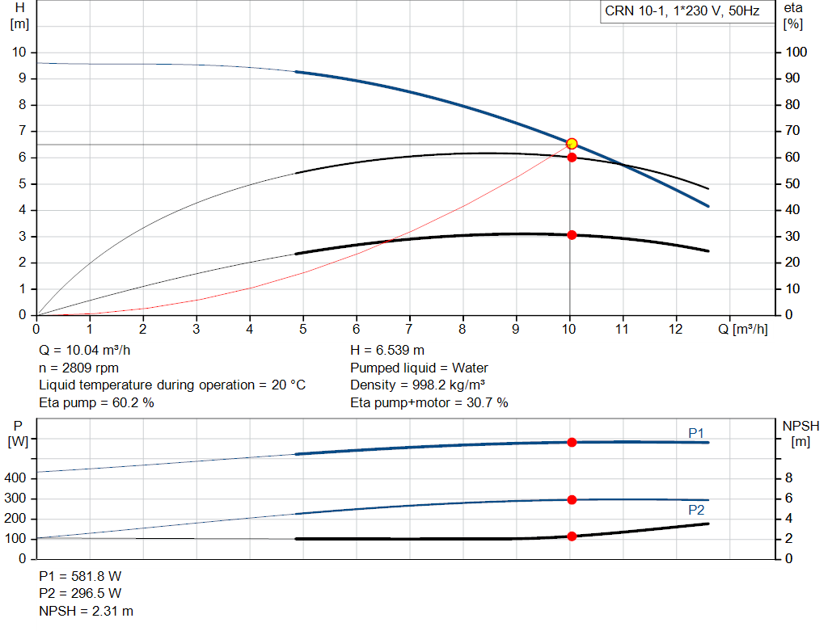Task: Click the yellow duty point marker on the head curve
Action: click(572, 144)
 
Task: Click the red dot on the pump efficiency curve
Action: click(572, 158)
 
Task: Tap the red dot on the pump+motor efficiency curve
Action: click(572, 235)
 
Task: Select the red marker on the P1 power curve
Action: click(572, 442)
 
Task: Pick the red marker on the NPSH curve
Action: click(572, 536)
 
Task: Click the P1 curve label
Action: click(696, 433)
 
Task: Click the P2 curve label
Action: click(696, 510)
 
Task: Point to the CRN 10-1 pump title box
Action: click(687, 11)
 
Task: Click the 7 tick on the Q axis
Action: click(409, 329)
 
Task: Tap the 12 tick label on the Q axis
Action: click(675, 329)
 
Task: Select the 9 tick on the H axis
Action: click(22, 78)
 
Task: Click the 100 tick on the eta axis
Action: click(796, 53)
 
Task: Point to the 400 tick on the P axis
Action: click(15, 478)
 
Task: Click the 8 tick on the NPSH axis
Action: click(788, 478)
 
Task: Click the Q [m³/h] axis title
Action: click(742, 329)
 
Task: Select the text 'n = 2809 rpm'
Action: click(78, 368)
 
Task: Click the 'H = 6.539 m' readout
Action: click(387, 351)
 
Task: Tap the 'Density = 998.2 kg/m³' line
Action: click(418, 385)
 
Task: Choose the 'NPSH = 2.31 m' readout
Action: click(86, 611)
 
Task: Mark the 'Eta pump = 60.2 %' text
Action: click(97, 402)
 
